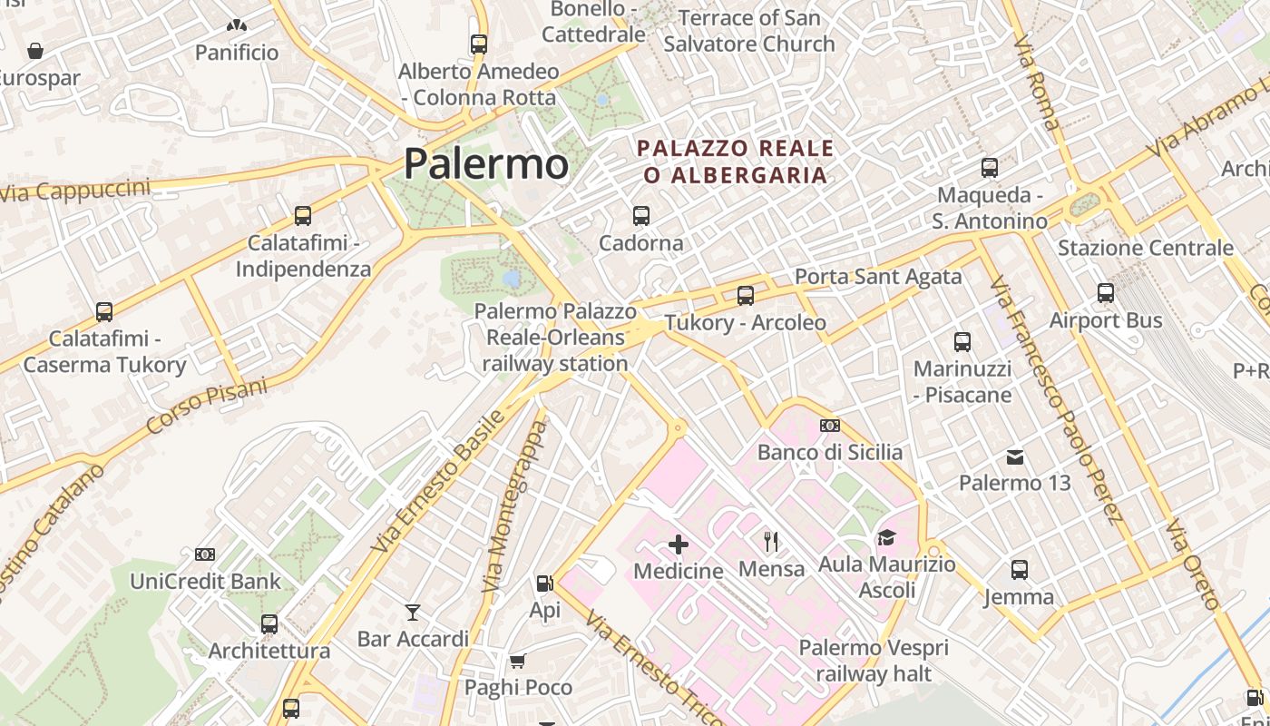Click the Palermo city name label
(x=486, y=163)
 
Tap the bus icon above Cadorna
(x=641, y=215)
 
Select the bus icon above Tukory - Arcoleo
(x=746, y=295)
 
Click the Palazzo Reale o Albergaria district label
(x=735, y=161)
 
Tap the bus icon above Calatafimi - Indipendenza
(x=303, y=216)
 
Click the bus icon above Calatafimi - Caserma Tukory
(x=104, y=311)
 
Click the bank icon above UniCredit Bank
(x=205, y=554)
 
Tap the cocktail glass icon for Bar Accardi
(x=413, y=612)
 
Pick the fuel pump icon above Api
(x=544, y=584)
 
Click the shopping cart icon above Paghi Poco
(x=517, y=661)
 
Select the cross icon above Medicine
(x=678, y=544)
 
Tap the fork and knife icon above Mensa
(x=771, y=542)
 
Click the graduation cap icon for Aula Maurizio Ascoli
(x=886, y=538)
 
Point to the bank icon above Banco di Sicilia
(x=829, y=426)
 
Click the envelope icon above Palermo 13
(x=1015, y=456)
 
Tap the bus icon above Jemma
(x=1020, y=570)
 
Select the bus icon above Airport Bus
(x=1105, y=293)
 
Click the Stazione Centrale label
(x=1146, y=248)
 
